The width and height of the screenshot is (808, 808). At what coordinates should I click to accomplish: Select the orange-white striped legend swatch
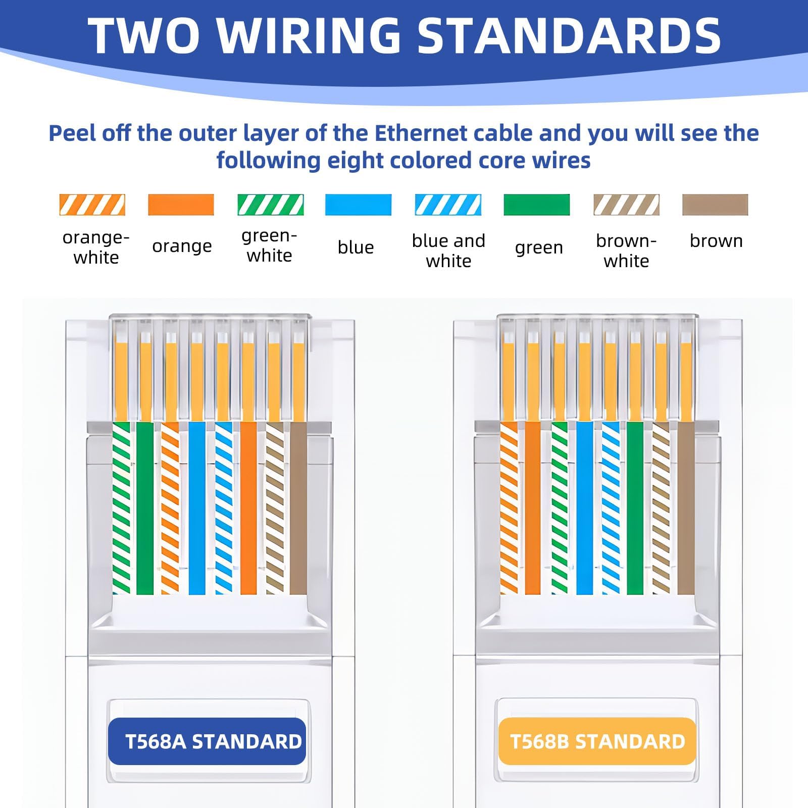[x=92, y=205]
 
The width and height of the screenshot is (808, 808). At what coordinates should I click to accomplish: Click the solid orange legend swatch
[x=181, y=205]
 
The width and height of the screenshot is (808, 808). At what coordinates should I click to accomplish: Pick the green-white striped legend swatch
[x=270, y=205]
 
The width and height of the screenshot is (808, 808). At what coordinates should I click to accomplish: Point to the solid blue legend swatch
[x=358, y=205]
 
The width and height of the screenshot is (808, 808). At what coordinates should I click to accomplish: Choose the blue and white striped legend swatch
[x=448, y=205]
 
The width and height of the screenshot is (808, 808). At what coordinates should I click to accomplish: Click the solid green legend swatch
[x=537, y=205]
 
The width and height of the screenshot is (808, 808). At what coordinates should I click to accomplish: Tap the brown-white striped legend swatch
[x=626, y=205]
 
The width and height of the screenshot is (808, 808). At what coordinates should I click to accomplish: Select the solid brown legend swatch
[x=715, y=205]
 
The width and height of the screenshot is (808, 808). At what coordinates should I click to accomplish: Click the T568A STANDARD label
[x=207, y=741]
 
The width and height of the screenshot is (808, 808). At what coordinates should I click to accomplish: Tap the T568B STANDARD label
[x=597, y=741]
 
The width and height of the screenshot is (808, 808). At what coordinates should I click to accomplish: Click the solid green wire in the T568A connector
[x=145, y=508]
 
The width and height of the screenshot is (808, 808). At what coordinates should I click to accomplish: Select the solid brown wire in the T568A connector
[x=298, y=508]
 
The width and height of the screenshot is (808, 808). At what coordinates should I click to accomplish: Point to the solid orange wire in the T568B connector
[x=533, y=508]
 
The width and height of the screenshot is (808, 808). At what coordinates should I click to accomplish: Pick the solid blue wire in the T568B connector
[x=584, y=508]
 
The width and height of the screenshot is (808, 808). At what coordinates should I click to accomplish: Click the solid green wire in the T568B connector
[x=635, y=508]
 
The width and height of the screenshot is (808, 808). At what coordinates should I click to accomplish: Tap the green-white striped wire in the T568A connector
[x=121, y=508]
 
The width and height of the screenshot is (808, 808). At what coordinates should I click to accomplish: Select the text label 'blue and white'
[x=448, y=251]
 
